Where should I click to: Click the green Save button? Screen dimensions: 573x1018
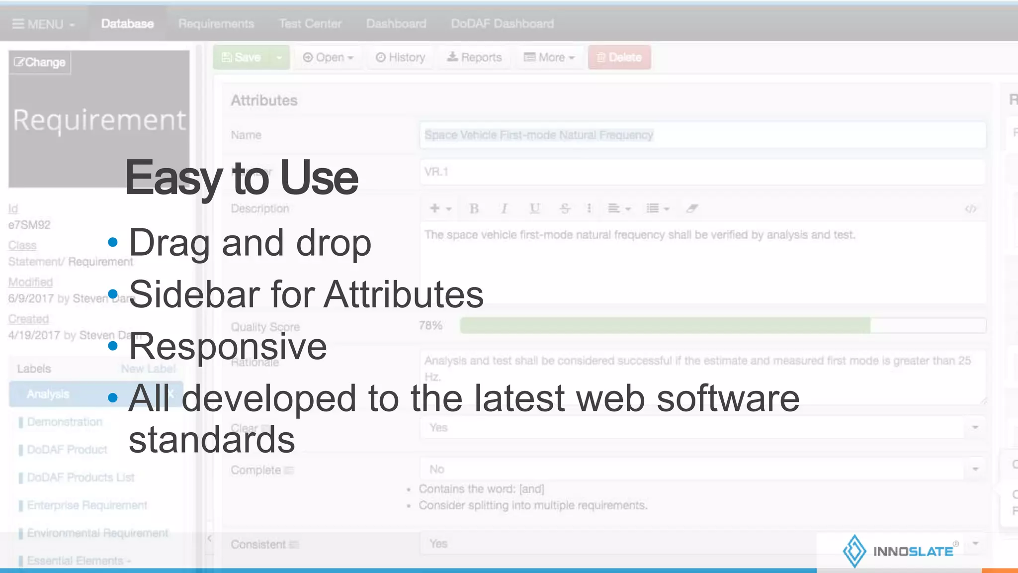242,58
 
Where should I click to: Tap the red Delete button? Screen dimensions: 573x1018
619,58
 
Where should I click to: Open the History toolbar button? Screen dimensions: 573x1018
401,58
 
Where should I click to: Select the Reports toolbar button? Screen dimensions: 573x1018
475,58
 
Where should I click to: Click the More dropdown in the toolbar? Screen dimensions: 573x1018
549,58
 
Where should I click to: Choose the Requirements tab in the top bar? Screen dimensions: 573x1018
216,24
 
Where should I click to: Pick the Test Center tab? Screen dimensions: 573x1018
310,24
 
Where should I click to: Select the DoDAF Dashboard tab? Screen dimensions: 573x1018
502,24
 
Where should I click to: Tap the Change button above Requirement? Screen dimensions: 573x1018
40,63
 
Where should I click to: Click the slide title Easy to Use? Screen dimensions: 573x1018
242,178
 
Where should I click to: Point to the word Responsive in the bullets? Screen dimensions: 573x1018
228,346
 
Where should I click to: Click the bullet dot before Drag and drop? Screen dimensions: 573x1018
113,243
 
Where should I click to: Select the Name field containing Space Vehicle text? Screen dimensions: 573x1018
702,135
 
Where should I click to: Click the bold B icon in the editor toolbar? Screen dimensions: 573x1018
474,209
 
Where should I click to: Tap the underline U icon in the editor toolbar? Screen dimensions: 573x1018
534,209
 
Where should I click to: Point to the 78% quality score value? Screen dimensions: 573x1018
430,326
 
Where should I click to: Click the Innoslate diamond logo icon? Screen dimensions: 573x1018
854,551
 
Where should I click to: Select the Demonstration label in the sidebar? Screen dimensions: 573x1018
65,422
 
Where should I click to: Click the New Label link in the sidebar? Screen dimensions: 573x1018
148,369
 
